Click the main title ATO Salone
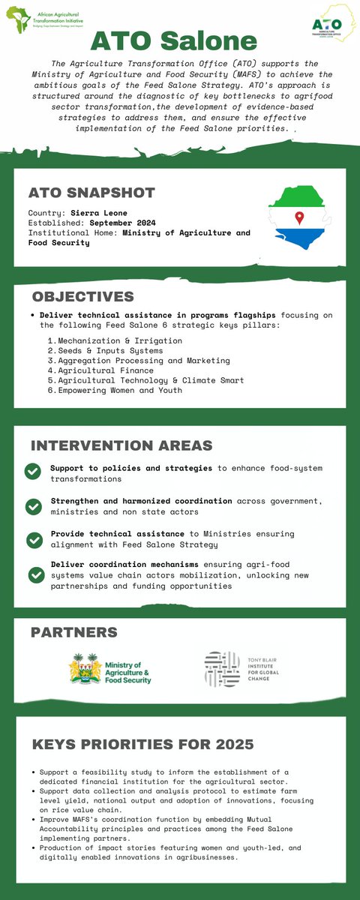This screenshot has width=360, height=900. tap(179, 41)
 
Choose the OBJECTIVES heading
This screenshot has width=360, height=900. tap(82, 296)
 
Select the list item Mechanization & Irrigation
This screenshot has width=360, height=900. tap(119, 340)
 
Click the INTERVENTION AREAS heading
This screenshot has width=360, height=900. tap(121, 445)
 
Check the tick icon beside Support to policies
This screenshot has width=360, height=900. tap(33, 471)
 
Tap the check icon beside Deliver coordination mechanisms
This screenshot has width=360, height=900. tap(34, 574)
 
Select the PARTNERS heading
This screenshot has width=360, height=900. tap(73, 632)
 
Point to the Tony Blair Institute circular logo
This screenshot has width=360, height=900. tap(222, 669)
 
